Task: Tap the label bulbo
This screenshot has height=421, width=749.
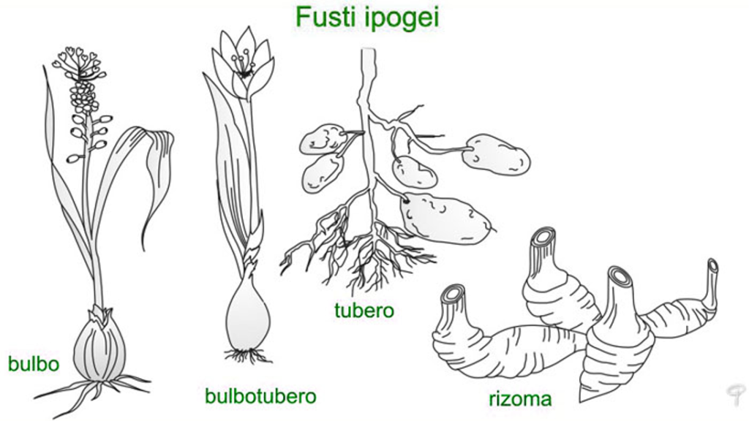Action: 34,364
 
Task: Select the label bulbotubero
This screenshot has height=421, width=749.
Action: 260,395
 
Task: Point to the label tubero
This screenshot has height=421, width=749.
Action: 364,310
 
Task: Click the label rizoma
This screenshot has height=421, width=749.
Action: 520,398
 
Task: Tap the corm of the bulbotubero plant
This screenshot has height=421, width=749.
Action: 248,313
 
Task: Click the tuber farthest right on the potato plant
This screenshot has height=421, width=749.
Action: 496,155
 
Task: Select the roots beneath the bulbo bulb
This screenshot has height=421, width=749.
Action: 93,392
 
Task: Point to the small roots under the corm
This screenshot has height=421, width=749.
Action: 247,356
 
